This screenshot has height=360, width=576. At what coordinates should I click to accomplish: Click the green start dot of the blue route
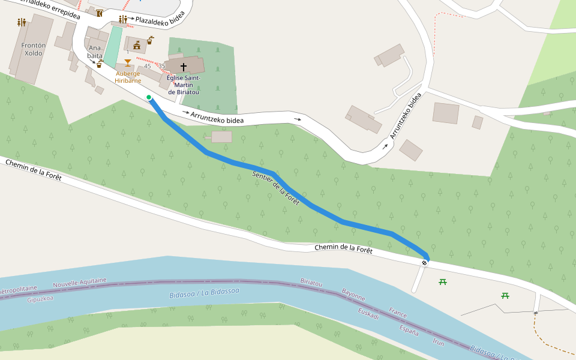(149, 97)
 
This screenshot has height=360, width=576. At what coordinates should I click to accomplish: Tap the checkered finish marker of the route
(425, 262)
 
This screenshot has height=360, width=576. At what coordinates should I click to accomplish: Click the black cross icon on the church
(184, 67)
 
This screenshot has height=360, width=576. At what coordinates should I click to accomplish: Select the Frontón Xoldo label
(33, 49)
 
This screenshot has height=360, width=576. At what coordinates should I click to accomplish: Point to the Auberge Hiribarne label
(128, 77)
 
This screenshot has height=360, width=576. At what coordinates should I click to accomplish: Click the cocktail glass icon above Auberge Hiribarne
(127, 62)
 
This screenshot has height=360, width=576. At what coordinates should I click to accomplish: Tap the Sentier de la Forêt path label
(276, 187)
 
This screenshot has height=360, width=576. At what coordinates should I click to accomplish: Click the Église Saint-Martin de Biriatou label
(184, 85)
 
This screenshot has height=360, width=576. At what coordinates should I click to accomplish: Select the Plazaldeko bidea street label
(160, 20)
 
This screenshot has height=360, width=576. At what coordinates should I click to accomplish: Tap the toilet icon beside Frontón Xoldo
(22, 22)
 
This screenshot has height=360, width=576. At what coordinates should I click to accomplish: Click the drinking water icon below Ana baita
(99, 63)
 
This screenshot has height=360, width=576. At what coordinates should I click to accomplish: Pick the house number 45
(148, 66)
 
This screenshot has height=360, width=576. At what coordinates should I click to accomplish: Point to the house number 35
(161, 66)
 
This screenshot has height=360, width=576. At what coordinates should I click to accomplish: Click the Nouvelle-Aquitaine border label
(80, 283)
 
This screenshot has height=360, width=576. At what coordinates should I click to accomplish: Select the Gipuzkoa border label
(40, 298)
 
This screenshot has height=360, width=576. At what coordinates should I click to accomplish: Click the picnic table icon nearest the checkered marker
(443, 281)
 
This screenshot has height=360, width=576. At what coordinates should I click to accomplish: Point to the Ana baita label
(95, 51)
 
